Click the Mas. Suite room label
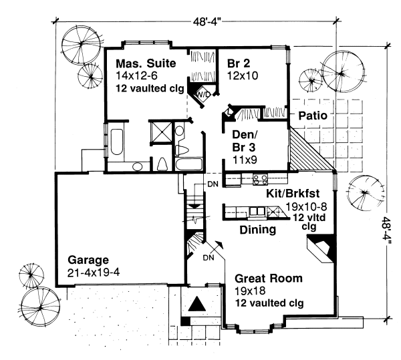[146, 63]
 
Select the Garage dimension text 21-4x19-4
[94, 273]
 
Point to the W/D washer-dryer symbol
[203, 95]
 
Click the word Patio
[313, 116]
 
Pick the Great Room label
[269, 279]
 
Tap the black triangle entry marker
[197, 303]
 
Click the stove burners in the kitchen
[260, 179]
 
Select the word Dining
[258, 230]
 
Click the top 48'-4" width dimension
[207, 22]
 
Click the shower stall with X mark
[160, 132]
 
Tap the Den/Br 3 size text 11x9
[245, 160]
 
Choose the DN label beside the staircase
[213, 184]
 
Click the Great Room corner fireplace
[321, 248]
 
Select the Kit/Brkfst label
[293, 194]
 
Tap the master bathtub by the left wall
[117, 142]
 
